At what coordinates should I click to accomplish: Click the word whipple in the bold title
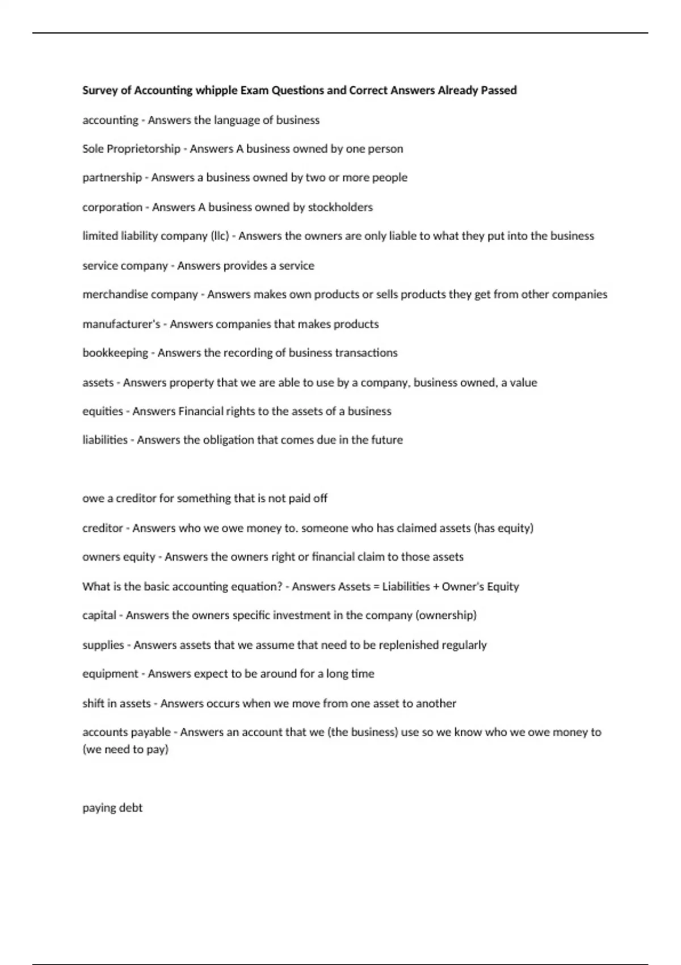[216, 90]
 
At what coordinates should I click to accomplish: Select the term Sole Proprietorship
[131, 149]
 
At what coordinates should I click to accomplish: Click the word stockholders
[340, 207]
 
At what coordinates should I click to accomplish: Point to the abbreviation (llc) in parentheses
[220, 236]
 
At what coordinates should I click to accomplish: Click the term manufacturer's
[121, 324]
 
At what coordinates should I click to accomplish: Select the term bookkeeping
[115, 353]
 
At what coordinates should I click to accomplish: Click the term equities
[103, 411]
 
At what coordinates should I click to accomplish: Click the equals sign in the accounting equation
[376, 586]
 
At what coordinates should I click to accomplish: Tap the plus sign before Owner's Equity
[436, 586]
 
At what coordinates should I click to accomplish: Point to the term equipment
[110, 674]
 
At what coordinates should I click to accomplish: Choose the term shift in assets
[116, 703]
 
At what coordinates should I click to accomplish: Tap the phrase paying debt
[112, 808]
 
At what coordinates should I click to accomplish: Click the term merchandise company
[140, 295]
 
